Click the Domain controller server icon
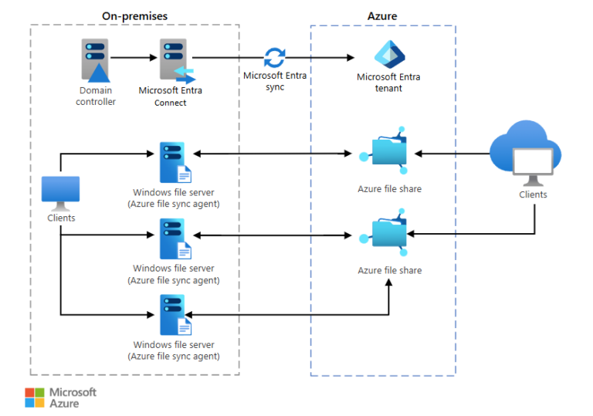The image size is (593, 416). pos(94,60)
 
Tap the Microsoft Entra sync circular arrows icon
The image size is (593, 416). pos(274,58)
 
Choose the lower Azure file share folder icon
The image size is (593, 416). pos(388,234)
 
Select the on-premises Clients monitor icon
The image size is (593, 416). pos(61,193)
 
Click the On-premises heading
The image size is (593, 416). pos(134,15)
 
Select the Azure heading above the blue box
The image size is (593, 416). pos(382,15)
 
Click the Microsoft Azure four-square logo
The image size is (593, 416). pos(35,397)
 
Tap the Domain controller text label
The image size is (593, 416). pos(95,96)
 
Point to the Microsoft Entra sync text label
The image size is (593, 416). pos(274,81)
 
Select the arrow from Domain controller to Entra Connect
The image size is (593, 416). pos(134,57)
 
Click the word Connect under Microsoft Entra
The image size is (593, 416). pos(170,103)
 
